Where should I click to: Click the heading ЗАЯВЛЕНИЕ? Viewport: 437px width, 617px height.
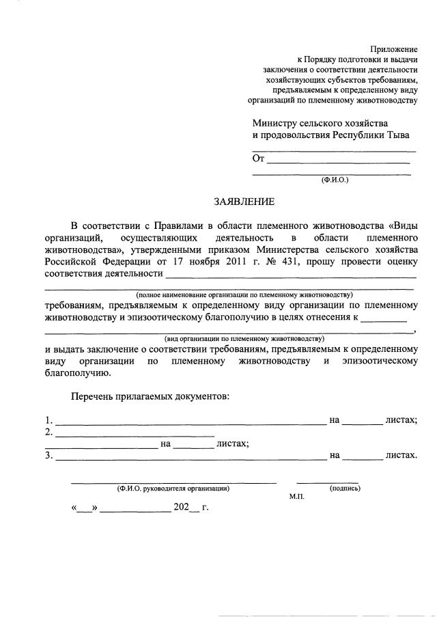coord(244,202)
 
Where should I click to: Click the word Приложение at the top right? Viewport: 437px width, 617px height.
coord(393,49)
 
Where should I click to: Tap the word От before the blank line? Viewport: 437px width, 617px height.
coord(258,159)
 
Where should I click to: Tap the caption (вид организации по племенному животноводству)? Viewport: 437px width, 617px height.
coord(244,338)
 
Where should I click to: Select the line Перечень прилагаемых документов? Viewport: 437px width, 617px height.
coord(150,397)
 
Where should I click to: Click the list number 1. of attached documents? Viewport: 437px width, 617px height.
coord(48,420)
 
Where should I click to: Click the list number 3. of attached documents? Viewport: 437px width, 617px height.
coord(48,454)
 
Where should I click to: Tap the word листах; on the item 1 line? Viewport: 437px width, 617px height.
coord(401,420)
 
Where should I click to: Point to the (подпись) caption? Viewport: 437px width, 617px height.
coord(345,489)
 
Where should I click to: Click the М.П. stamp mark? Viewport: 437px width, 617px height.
coord(296,497)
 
